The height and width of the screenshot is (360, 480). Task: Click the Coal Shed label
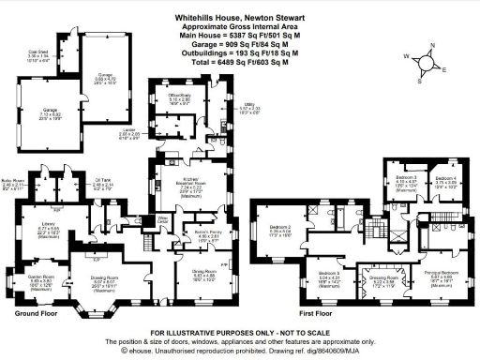click(x=37, y=52)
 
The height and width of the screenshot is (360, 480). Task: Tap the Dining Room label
click(x=178, y=274)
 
